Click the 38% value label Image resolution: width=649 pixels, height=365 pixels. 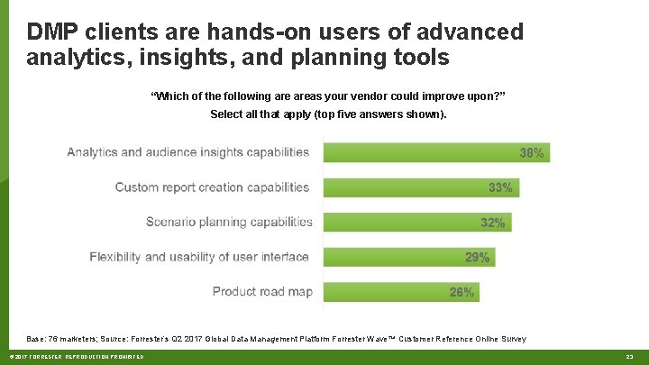(x=532, y=153)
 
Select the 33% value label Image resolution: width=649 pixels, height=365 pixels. (x=500, y=187)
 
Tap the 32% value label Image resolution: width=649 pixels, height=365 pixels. (x=493, y=223)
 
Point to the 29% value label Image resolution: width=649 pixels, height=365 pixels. (x=477, y=258)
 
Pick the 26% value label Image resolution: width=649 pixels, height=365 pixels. (x=462, y=292)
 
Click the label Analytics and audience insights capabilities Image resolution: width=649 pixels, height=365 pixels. (x=187, y=152)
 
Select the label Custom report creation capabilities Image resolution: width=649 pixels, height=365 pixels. (x=212, y=187)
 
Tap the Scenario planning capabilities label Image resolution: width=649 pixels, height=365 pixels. (x=229, y=222)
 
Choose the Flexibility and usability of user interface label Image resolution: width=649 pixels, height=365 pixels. (x=199, y=257)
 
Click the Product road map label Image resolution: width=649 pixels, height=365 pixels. (x=261, y=291)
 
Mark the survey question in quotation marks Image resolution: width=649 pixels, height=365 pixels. (x=327, y=96)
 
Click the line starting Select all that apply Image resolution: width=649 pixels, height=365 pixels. (x=327, y=114)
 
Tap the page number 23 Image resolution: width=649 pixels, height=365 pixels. (x=629, y=358)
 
